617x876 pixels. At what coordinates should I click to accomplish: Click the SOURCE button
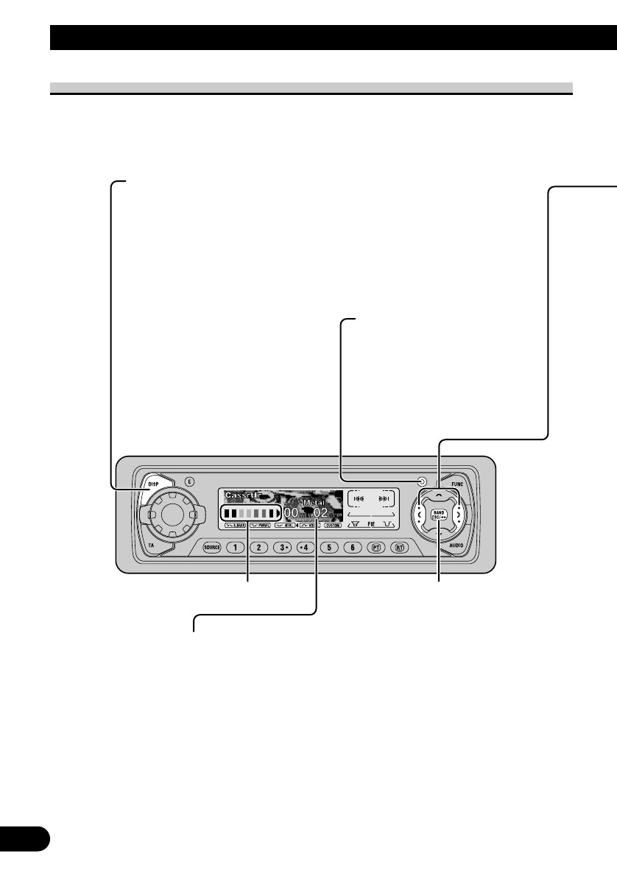point(212,547)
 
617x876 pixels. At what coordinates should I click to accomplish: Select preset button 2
point(258,547)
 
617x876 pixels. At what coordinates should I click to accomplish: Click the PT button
point(377,547)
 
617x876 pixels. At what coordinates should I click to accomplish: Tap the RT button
point(400,547)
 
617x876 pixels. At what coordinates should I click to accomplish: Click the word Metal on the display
point(314,503)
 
